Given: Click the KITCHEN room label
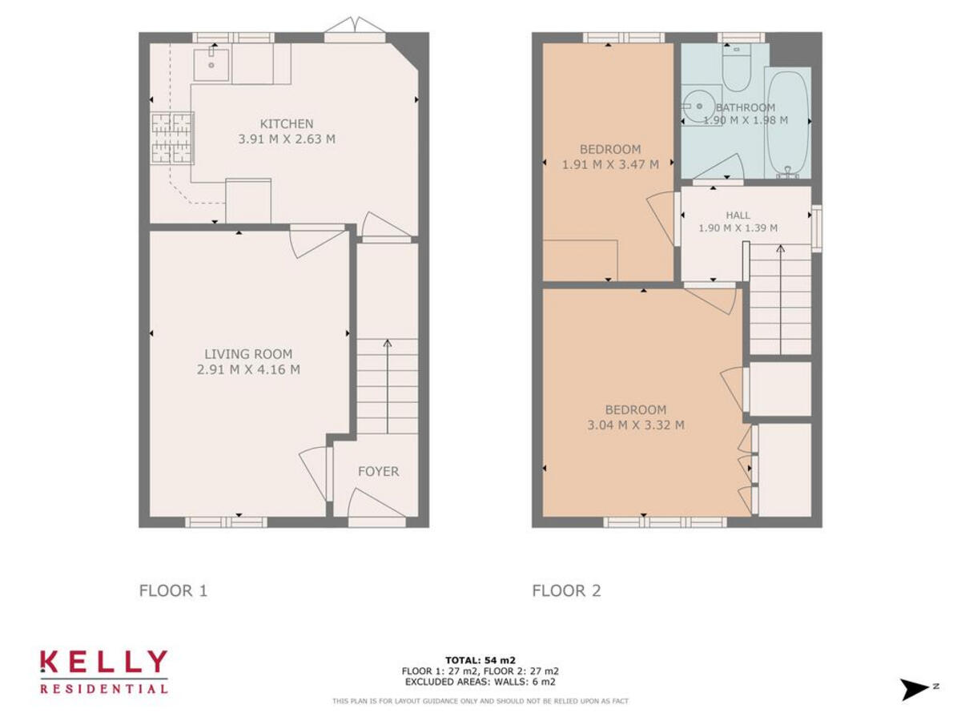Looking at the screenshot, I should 286,123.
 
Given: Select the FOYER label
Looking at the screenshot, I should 378,472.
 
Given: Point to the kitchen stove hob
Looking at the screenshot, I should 173,138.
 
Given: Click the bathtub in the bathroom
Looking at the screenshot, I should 788,123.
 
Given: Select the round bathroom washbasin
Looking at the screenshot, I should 696,106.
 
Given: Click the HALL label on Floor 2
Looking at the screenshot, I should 738,215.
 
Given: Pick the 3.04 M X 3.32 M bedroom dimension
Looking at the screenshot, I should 635,425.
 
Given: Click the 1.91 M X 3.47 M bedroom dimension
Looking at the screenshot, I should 610,165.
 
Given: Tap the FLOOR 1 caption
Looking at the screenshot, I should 173,591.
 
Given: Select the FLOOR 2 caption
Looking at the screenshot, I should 566,591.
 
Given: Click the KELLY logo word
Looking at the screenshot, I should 104,662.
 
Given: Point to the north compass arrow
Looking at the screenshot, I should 915,688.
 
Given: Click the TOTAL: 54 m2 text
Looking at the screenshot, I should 480,659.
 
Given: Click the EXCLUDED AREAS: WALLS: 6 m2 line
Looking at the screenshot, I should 480,682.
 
